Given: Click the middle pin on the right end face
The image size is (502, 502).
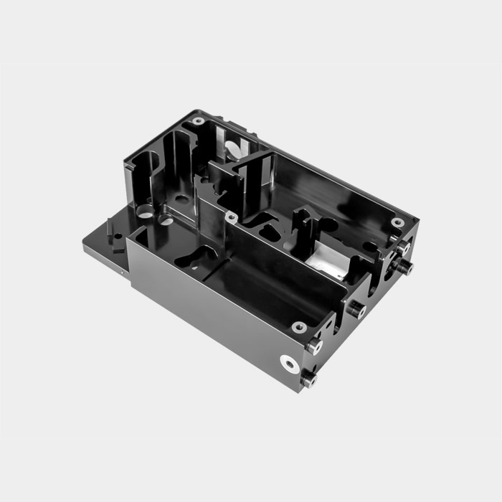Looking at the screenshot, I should point(356,309).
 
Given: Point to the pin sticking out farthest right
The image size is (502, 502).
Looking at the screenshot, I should point(405,267).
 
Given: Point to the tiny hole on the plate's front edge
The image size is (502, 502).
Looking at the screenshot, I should point(123,272).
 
